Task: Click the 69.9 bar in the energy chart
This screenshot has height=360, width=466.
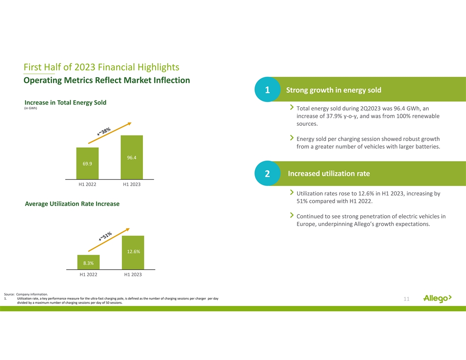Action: click(87, 163)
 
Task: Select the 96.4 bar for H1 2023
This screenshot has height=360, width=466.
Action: click(132, 157)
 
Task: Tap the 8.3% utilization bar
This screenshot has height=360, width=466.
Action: click(88, 262)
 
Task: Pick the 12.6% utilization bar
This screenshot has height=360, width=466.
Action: click(133, 252)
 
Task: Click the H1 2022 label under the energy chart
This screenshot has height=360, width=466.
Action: click(87, 184)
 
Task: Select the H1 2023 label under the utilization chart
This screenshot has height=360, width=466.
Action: click(133, 275)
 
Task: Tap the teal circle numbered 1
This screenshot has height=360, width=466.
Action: click(267, 90)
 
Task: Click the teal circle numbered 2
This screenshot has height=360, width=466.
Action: click(267, 174)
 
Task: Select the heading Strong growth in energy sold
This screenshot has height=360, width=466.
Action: click(334, 90)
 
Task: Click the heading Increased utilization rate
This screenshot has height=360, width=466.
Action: click(329, 174)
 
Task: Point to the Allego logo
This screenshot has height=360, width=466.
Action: click(437, 299)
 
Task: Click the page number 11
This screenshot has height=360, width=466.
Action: click(406, 300)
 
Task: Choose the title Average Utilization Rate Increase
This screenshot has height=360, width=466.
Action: click(72, 204)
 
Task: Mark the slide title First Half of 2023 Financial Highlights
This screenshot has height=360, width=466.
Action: click(101, 67)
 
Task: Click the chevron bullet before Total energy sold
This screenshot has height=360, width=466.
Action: click(291, 107)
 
